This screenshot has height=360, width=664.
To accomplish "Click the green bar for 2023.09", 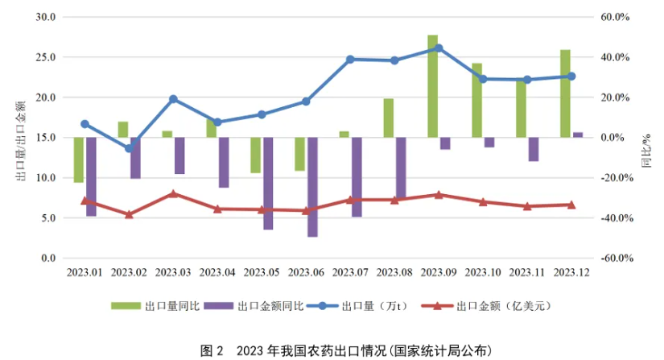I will (x=432, y=85).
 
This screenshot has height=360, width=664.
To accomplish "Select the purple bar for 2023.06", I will (x=312, y=187).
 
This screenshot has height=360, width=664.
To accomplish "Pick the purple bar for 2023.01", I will (x=91, y=176).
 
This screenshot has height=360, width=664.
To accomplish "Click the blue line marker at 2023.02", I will (x=129, y=148).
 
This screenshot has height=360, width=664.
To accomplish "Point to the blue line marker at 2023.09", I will (x=439, y=48).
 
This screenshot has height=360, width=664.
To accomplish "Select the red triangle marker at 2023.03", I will (x=173, y=194).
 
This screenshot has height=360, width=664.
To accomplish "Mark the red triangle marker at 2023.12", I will (x=571, y=205).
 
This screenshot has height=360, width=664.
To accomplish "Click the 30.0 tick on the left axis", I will (x=46, y=17).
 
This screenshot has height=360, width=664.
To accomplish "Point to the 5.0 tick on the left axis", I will (x=48, y=218).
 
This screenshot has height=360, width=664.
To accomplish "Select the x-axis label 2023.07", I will (x=350, y=274).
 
